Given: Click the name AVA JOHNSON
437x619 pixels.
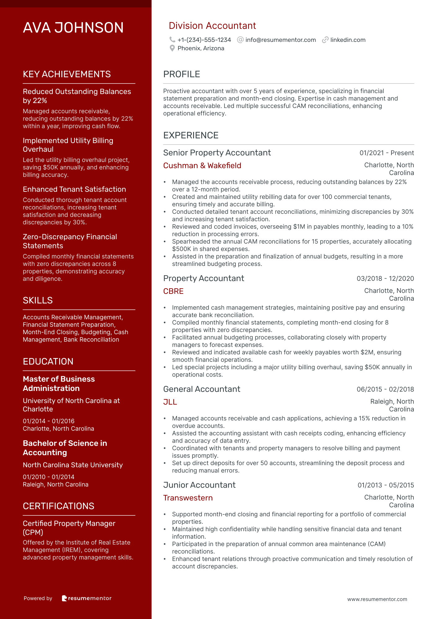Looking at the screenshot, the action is coord(73,28).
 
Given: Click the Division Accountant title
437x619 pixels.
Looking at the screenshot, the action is coord(212,26).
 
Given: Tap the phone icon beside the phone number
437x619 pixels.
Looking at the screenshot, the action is coord(172,40).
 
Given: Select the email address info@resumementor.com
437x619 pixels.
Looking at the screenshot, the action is coord(280,40).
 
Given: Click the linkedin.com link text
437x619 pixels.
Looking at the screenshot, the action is coord(348,40).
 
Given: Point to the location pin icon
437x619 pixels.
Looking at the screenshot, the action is coord(172,48).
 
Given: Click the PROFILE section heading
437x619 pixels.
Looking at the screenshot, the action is coord(182,74).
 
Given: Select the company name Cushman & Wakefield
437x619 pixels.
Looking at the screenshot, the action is coord(202,166).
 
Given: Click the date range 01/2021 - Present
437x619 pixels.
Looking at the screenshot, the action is coord(386,153).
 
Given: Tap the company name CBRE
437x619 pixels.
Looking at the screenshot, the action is coord(173,291).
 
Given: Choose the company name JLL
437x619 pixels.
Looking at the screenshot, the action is coord(170,402).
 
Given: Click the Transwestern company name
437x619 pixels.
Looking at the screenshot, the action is coord(188,498).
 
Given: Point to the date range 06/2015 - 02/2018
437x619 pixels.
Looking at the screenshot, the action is coord(385,389).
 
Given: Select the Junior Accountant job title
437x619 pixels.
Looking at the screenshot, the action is coord(199,485).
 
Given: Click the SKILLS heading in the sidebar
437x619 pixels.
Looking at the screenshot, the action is coord(38,300).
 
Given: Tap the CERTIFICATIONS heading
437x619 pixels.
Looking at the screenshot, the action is coord(59,506).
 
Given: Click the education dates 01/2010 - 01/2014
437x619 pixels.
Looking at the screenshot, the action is coord(49,477).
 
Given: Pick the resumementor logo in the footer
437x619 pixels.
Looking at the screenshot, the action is coord(87,598).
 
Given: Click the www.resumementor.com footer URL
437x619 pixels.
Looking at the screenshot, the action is coord(377,599).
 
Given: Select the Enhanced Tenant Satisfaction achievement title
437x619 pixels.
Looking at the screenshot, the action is coord(74,189).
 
